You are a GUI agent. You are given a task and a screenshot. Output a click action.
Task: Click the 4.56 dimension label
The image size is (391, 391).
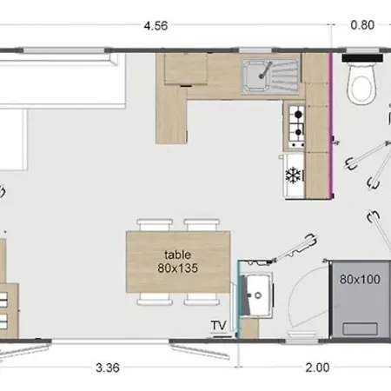156,26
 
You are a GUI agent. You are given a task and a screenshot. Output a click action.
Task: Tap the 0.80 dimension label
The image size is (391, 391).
362,25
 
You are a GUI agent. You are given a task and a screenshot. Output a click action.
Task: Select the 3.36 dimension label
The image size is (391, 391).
108,368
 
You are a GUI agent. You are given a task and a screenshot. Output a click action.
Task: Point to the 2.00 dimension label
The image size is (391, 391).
317,368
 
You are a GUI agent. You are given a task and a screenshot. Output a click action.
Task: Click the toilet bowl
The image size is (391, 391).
361,84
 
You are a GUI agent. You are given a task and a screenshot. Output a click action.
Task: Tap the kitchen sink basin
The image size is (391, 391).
255,76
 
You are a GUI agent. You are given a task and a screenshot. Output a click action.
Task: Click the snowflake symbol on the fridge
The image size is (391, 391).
293,175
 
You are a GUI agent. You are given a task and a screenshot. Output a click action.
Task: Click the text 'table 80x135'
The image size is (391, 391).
177,262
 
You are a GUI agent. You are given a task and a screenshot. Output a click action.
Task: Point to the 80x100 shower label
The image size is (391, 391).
360,279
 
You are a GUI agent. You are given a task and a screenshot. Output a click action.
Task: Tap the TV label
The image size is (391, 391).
218,325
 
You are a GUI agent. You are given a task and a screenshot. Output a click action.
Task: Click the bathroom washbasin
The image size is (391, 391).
256,295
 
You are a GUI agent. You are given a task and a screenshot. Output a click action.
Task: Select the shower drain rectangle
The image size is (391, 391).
360,329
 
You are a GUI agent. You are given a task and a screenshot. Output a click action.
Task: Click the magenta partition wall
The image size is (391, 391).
331,125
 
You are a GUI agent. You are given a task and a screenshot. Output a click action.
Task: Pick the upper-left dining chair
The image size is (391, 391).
155,225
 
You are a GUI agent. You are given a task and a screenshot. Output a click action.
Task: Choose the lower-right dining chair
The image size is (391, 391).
202,299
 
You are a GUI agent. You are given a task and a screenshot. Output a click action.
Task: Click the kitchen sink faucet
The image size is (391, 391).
265,70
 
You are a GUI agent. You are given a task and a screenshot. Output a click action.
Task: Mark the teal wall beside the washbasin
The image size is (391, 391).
239,299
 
